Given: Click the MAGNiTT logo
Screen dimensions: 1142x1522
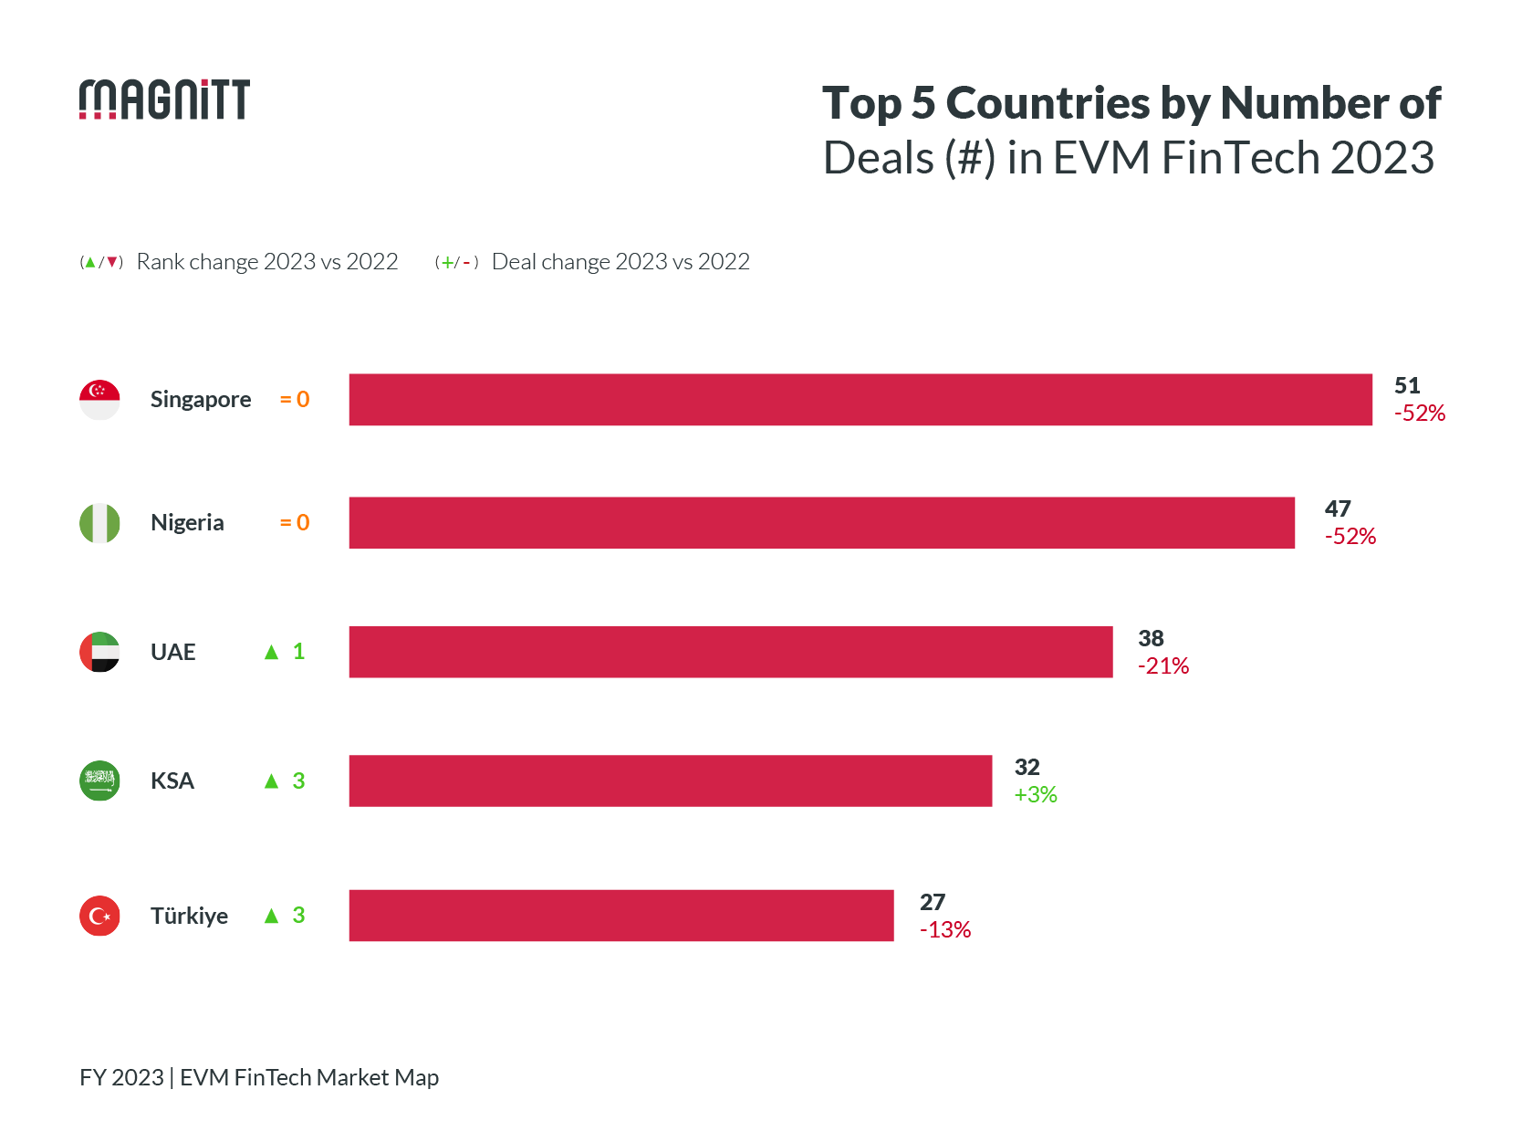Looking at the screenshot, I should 164,100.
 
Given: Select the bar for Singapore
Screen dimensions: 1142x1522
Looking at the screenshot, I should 860,400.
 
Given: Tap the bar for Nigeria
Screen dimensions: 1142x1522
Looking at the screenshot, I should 821,523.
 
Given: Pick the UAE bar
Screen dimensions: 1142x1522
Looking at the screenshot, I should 730,652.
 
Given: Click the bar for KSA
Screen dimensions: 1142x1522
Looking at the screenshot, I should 670,781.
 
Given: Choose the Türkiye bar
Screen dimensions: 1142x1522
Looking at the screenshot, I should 620,916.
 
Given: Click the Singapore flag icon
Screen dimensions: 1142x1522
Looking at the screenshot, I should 99,400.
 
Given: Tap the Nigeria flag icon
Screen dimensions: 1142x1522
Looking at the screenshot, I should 99,523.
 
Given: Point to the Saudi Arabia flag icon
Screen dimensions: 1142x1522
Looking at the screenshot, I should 99,781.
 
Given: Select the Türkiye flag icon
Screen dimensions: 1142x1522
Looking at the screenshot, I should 99,916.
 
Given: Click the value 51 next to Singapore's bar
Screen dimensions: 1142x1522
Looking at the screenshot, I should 1406,386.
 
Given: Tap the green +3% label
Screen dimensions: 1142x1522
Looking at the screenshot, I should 1035,795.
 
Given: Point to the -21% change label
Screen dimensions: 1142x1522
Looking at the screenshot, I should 1162,666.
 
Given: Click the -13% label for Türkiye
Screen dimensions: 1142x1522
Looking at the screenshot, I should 944,930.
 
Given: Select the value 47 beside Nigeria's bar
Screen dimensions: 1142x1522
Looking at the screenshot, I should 1337,509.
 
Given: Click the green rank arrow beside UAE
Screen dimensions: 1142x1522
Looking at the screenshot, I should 271,652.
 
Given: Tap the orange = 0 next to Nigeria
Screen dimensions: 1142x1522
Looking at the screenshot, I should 294,523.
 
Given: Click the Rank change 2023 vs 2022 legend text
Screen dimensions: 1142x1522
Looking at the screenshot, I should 266,262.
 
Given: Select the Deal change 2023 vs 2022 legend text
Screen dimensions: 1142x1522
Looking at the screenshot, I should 620,262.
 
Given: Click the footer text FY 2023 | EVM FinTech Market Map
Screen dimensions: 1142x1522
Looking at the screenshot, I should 259,1077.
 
